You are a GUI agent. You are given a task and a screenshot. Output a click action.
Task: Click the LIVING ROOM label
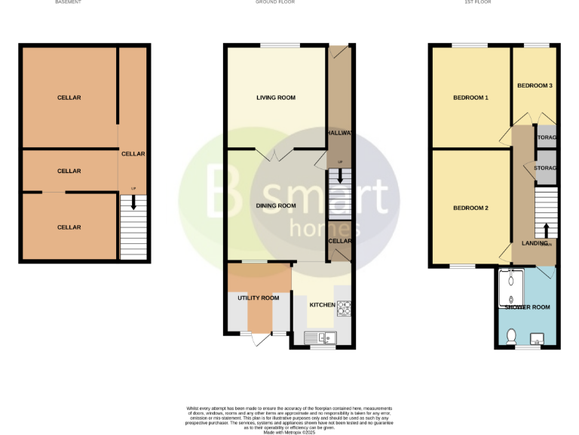(x=275, y=97)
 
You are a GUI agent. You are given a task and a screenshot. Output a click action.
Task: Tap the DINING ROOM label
(x=275, y=205)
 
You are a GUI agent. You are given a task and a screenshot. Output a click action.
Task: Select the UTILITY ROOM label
(x=259, y=298)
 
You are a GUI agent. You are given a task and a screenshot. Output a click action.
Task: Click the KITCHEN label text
(x=322, y=304)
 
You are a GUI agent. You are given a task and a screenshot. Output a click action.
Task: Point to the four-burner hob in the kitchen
(x=345, y=307)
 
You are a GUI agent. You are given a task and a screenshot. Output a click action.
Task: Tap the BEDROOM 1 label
(x=470, y=98)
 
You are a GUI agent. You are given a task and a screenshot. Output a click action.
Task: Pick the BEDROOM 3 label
(x=535, y=85)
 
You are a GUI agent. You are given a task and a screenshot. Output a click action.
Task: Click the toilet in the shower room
(x=511, y=334)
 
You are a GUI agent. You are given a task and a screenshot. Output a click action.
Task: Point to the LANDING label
(x=535, y=243)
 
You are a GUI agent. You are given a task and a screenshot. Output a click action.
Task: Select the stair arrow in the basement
(x=134, y=202)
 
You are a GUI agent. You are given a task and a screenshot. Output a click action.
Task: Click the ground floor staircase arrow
(x=340, y=176)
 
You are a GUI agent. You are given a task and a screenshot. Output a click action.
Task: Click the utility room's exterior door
(x=259, y=339)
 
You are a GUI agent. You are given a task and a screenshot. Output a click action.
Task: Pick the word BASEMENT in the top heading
(x=69, y=2)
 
